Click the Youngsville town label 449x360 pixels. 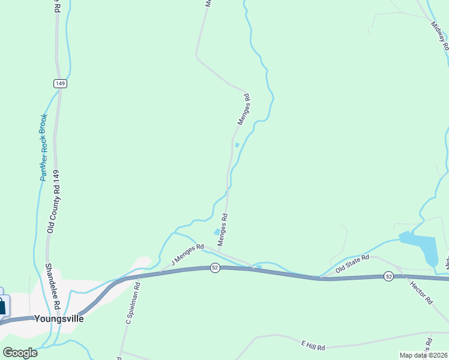pyautogui.click(x=58, y=319)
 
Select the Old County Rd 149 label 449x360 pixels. pyautogui.click(x=56, y=201)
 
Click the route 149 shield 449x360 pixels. pyautogui.click(x=59, y=83)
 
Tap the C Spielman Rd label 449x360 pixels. pyautogui.click(x=133, y=304)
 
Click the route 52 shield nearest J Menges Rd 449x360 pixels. pyautogui.click(x=214, y=268)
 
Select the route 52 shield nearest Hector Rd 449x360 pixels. pyautogui.click(x=389, y=276)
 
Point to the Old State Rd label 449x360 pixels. pyautogui.click(x=353, y=264)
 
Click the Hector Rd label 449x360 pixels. pyautogui.click(x=421, y=292)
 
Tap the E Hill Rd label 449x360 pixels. pyautogui.click(x=313, y=347)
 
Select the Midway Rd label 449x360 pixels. pyautogui.click(x=440, y=36)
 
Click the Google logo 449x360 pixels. pyautogui.click(x=20, y=353)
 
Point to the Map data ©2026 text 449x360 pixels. pyautogui.click(x=423, y=355)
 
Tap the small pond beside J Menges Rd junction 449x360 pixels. pyautogui.click(x=217, y=232)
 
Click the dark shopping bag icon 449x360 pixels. pyautogui.click(x=2, y=307)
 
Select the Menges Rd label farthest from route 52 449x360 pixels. pyautogui.click(x=243, y=109)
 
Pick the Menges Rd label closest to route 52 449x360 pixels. pyautogui.click(x=223, y=229)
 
